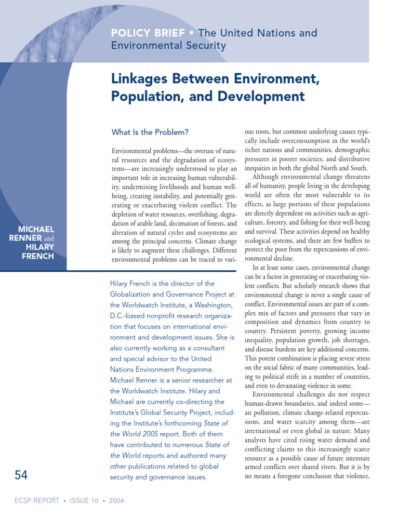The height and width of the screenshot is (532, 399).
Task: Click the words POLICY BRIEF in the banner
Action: (x=148, y=33)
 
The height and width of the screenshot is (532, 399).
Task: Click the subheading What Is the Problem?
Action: (x=150, y=132)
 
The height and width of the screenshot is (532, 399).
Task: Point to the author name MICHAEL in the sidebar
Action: (x=36, y=229)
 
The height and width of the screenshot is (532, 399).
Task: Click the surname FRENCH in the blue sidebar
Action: (x=38, y=256)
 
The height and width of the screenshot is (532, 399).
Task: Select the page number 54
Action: (x=21, y=475)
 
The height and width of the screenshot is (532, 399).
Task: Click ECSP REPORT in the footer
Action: (x=35, y=501)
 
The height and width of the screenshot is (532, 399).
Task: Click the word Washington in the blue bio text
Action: (x=206, y=305)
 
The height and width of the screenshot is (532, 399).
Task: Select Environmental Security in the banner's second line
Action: (x=169, y=46)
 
